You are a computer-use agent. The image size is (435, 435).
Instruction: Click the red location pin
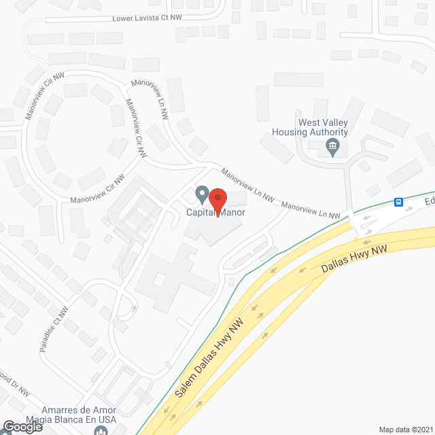tap(217, 201)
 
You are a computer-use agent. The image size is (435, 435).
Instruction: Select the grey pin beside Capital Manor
tap(202, 195)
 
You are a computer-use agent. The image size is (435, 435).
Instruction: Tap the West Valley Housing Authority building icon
tap(333, 145)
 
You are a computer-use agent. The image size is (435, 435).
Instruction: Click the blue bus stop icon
tap(399, 202)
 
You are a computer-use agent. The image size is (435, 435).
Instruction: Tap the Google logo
tap(22, 426)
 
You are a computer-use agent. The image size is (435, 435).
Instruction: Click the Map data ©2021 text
tap(404, 429)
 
